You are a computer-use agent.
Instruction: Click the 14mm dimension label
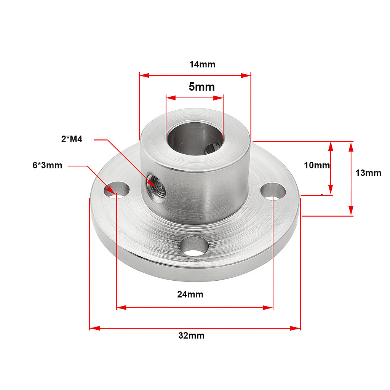pos(202,64)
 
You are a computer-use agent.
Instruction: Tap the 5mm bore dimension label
pos(201,87)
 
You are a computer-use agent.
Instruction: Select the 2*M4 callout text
pos(72,139)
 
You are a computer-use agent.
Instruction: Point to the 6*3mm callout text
pos(47,165)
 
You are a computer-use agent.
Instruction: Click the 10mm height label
pos(316,165)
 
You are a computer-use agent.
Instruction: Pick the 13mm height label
pos(368,173)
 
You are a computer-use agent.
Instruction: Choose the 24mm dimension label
pos(190,294)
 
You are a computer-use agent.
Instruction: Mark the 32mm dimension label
pos(191,336)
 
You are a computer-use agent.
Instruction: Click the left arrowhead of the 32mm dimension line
pos(94,328)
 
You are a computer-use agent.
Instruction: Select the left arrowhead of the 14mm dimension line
pos(144,75)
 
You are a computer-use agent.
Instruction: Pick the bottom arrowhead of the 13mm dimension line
pos(351,211)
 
